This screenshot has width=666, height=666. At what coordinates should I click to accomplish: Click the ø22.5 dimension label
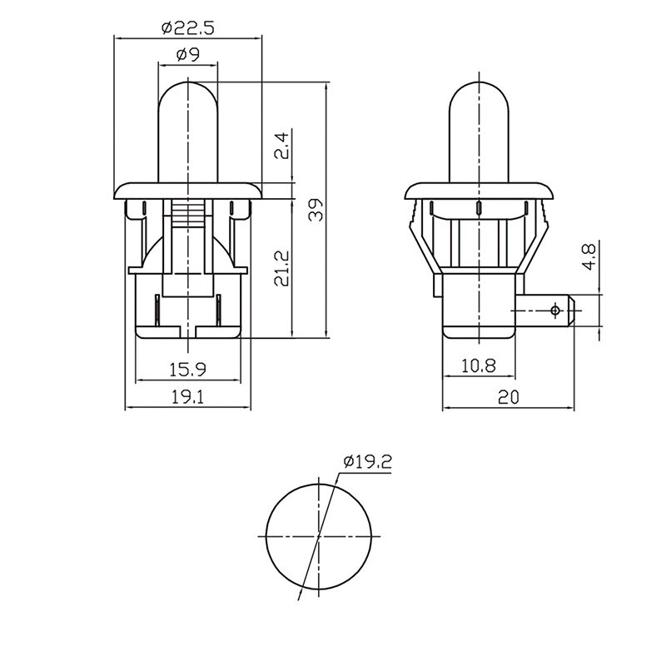(188, 28)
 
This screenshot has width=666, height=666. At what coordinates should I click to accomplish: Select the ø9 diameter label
(188, 54)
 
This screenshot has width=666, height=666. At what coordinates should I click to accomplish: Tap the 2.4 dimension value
(281, 147)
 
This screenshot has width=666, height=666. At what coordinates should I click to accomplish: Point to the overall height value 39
(316, 210)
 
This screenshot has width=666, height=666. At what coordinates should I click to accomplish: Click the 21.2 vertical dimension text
(281, 268)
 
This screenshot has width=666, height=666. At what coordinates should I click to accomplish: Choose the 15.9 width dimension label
(187, 369)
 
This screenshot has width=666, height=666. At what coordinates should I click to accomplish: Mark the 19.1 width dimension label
(187, 397)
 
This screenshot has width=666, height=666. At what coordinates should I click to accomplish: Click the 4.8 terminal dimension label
(589, 256)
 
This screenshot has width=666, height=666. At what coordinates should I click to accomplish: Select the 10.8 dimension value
(478, 365)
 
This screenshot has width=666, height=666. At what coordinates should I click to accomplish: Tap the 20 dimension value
(509, 397)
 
